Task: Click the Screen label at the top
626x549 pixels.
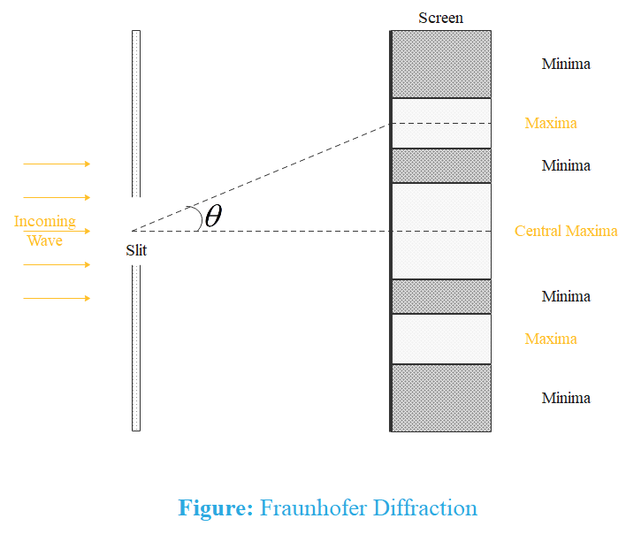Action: click(x=440, y=18)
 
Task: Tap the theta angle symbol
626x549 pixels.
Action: click(x=213, y=217)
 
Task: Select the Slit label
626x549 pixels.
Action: click(x=136, y=250)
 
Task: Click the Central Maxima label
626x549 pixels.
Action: click(x=566, y=232)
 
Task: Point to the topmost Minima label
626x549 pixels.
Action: click(x=566, y=64)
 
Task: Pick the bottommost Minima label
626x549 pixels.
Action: click(x=566, y=398)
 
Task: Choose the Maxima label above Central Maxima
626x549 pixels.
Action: click(x=551, y=123)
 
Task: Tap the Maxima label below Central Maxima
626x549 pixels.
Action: click(x=551, y=339)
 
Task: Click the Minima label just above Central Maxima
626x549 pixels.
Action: click(x=566, y=165)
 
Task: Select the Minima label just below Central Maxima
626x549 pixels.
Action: click(x=566, y=296)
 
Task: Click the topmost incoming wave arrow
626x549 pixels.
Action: click(x=57, y=164)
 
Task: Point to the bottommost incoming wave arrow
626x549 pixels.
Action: click(x=57, y=298)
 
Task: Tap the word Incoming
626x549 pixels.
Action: click(x=44, y=221)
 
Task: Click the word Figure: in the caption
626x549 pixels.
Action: click(x=216, y=508)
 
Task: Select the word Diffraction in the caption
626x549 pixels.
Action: click(x=425, y=508)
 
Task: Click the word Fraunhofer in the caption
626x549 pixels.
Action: click(x=312, y=508)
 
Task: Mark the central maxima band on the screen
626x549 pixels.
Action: click(x=441, y=231)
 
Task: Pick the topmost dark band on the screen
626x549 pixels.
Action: click(x=441, y=64)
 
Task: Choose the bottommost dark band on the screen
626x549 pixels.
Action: click(x=441, y=398)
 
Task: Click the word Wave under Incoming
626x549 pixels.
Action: click(x=44, y=240)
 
